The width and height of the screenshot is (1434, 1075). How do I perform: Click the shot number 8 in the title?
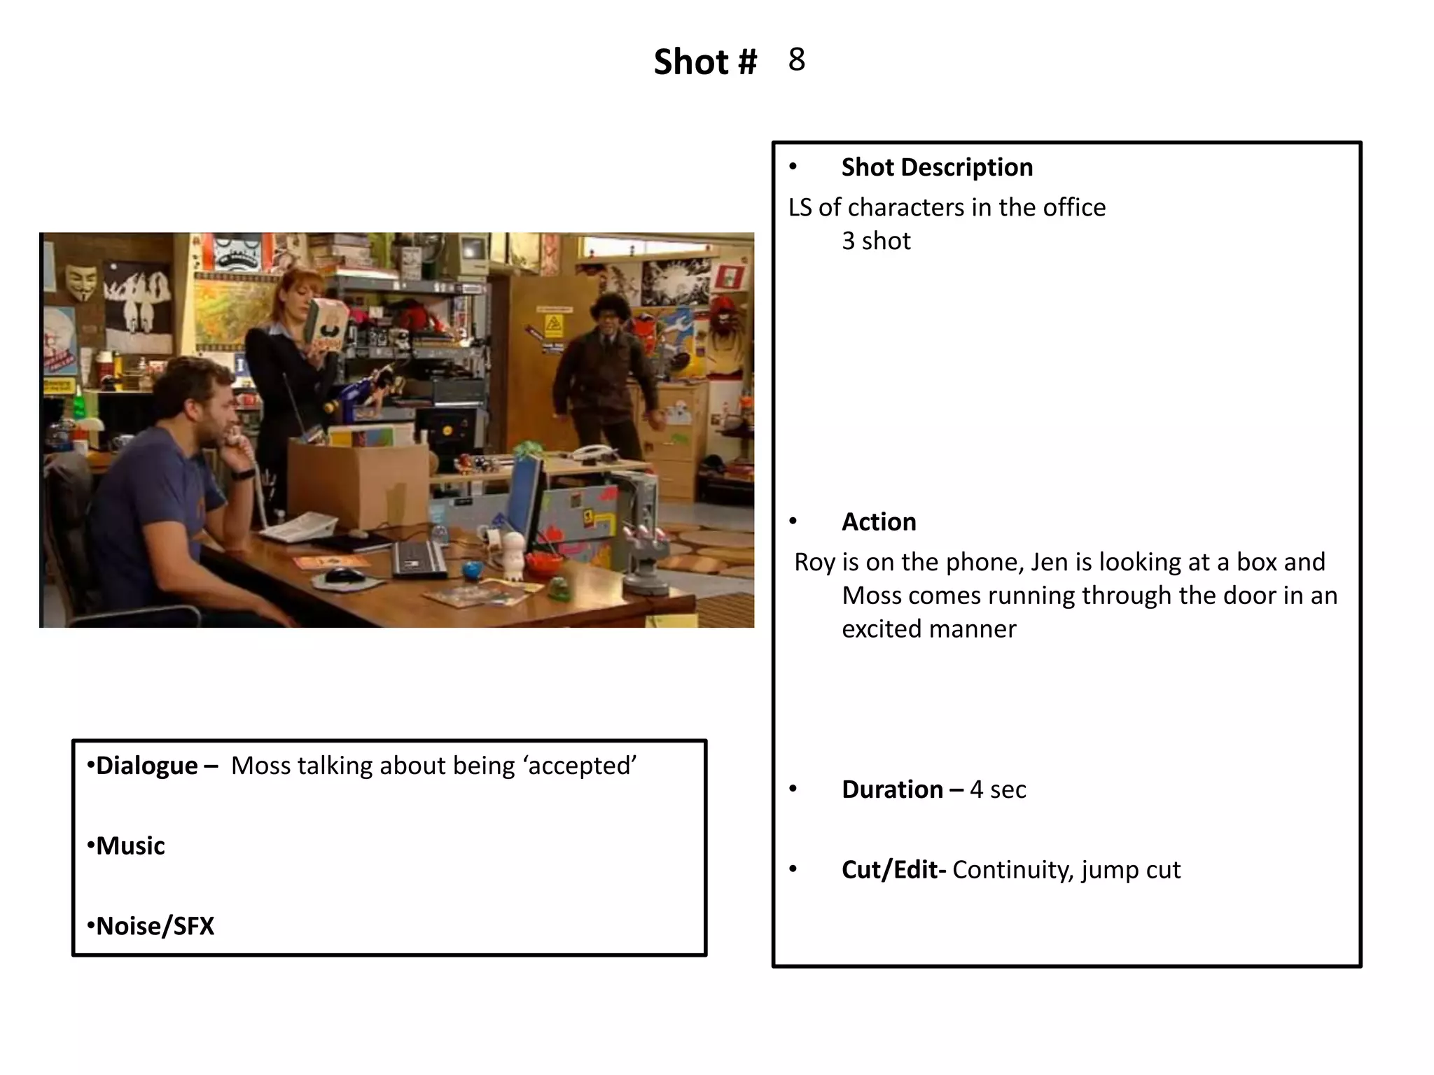point(796,60)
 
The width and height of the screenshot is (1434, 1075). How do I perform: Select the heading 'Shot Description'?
point(937,168)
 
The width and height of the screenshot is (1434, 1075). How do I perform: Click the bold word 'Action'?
point(879,522)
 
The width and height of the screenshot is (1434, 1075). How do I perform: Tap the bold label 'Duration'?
point(892,789)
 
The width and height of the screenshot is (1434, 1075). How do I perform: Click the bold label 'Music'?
point(130,846)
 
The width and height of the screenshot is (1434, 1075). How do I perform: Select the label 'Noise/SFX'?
point(155,927)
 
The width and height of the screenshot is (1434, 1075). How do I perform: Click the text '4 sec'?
point(998,789)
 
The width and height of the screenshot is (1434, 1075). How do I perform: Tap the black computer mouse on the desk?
point(344,575)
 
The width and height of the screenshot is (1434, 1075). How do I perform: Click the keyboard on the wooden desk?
point(418,559)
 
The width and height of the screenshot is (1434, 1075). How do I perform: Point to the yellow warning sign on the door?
point(554,323)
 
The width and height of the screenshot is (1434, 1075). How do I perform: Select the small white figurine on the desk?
point(513,555)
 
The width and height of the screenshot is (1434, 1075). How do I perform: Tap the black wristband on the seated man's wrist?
point(242,475)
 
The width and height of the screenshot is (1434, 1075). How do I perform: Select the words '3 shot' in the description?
point(876,241)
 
